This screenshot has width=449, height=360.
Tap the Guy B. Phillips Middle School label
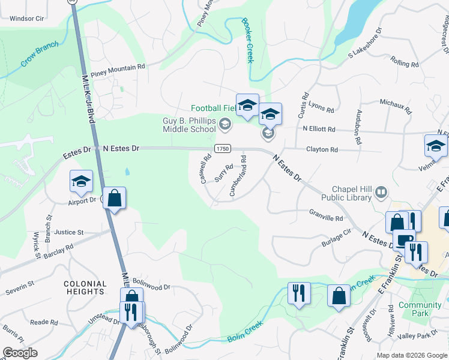click(x=189, y=125)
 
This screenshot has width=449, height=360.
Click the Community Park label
click(x=420, y=309)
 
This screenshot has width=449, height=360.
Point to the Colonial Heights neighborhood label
click(x=86, y=287)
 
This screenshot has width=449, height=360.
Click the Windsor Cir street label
click(x=28, y=19)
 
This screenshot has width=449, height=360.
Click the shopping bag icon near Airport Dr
click(x=114, y=198)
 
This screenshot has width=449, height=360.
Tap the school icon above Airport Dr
click(x=81, y=182)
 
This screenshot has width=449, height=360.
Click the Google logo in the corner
click(x=20, y=353)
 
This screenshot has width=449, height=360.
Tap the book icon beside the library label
click(x=381, y=193)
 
